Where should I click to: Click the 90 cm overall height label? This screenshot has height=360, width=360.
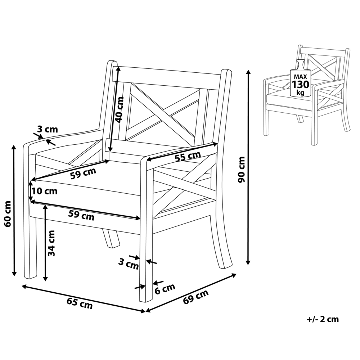coord(242,170)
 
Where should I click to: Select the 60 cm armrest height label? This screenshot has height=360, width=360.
coord(7,214)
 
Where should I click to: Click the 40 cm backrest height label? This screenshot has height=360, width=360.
coord(119,110)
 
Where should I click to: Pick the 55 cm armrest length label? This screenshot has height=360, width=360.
coord(188,156)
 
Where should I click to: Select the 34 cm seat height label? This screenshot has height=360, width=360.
coord(51,243)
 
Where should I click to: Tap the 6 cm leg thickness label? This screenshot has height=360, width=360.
coord(165,289)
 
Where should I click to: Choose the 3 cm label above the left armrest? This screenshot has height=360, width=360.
coord(48,129)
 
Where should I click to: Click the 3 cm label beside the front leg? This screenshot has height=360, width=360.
coord(129,264)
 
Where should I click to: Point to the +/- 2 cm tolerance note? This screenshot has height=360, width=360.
coord(323,319)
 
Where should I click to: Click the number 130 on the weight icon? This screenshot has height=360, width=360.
coord(301,85)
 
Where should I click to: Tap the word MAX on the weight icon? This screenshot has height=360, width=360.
coord(300,76)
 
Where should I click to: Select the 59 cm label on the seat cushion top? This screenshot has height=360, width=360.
coord(83,174)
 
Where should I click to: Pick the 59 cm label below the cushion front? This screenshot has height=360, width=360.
coord(81,215)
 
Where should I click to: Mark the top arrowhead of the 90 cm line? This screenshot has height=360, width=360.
coord(248,72)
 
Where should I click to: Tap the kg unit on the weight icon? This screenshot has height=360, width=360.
coord(300,93)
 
